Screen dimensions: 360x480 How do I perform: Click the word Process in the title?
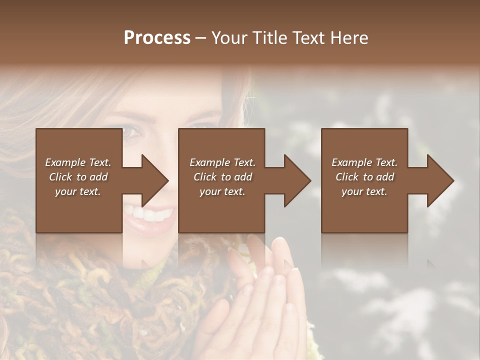pos(157,38)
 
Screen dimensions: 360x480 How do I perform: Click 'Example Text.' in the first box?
pos(78,162)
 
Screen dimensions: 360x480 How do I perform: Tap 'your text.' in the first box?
pos(78,191)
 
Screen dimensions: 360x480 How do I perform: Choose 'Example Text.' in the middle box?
pos(222,162)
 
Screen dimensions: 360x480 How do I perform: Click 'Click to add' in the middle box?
pos(222,177)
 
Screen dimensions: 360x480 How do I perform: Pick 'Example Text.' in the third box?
pos(364,162)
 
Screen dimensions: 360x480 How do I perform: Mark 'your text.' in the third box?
pos(364,191)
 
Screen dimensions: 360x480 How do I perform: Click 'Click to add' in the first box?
pos(78,177)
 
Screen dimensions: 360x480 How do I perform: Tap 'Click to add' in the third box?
pos(364,177)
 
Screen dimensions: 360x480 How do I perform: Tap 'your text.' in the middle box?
pos(222,191)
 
